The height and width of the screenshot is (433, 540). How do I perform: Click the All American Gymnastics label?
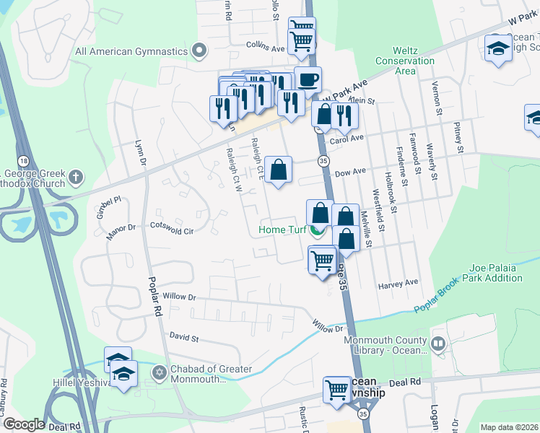pyautogui.click(x=132, y=51)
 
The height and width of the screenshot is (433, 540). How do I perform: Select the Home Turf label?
pyautogui.click(x=284, y=231)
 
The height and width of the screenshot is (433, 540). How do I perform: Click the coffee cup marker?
pyautogui.click(x=308, y=79)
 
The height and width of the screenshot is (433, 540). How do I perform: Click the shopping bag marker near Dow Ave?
pyautogui.click(x=278, y=170)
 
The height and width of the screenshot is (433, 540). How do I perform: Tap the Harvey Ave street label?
pyautogui.click(x=398, y=284)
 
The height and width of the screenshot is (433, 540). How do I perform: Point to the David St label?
pyautogui.click(x=184, y=337)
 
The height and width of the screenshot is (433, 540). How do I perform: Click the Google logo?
pyautogui.click(x=23, y=424)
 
